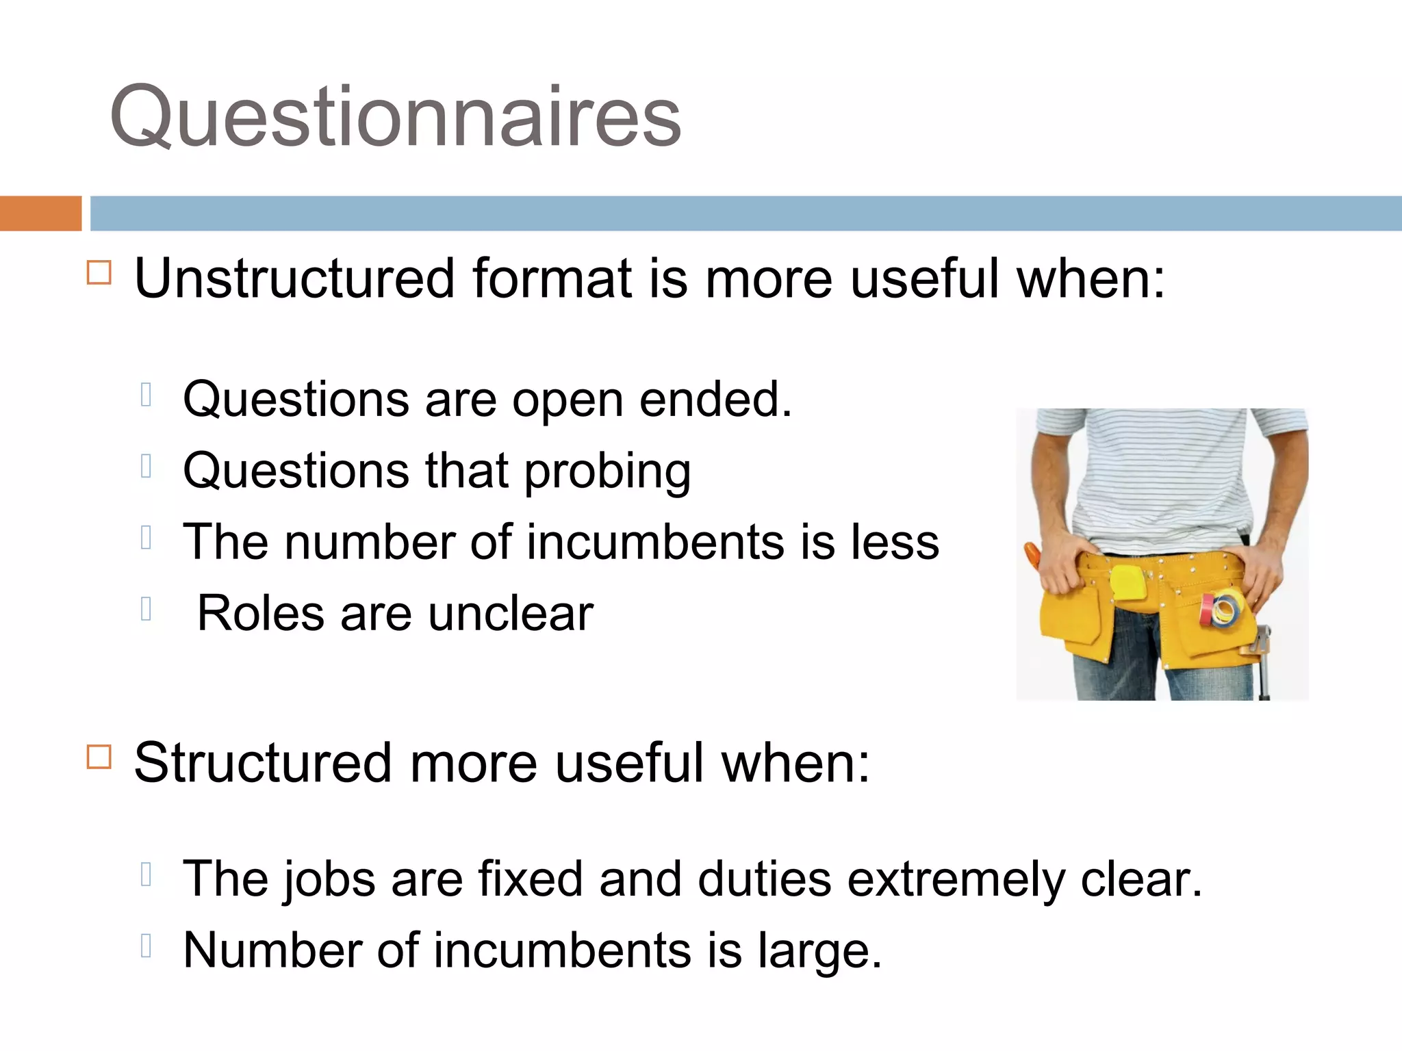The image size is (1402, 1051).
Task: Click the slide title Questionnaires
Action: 396,116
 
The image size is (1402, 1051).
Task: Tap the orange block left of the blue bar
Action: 40,213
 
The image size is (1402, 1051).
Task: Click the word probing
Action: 608,472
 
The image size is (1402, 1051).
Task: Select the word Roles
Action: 261,613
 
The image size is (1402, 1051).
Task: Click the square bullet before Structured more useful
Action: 99,757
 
